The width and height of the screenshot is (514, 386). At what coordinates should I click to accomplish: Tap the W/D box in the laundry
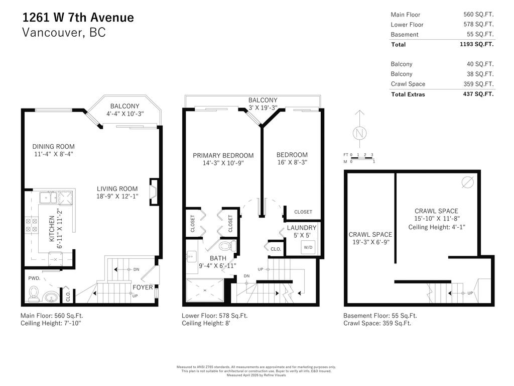click(x=307, y=247)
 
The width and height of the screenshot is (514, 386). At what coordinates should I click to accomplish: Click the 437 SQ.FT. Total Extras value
click(x=478, y=94)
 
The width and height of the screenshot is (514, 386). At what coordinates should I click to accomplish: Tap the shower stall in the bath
click(x=204, y=291)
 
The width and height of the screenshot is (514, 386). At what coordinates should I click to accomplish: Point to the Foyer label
click(x=143, y=287)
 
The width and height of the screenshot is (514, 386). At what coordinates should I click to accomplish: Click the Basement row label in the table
click(x=404, y=34)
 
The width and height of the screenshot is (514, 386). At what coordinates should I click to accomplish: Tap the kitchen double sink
click(x=57, y=197)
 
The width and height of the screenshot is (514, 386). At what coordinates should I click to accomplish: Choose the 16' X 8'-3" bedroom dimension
click(x=292, y=162)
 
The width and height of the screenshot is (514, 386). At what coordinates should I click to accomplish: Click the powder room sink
click(x=51, y=297)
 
